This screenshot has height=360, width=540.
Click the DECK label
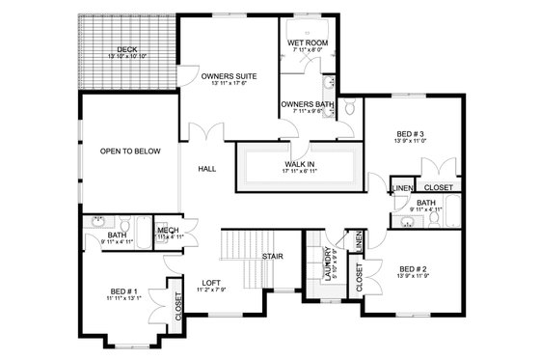point(126,50)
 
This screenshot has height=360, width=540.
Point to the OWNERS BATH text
point(307,103)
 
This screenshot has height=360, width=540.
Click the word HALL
point(207,169)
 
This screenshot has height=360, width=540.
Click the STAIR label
point(273,256)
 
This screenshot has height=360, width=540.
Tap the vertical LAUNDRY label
point(329,263)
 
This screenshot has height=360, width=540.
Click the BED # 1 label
point(126,291)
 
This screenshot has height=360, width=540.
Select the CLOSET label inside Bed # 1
point(178,305)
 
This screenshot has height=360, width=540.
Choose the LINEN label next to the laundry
point(358,242)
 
